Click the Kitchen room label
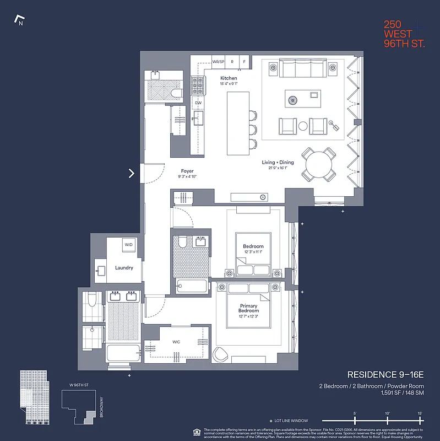[229, 78]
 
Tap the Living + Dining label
[278, 163]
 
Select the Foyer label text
[187, 171]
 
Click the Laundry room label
[124, 268]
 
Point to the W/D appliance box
[128, 245]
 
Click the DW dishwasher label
[198, 103]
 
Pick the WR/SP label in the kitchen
[218, 62]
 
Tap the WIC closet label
[176, 342]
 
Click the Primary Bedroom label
[249, 308]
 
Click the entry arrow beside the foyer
[132, 173]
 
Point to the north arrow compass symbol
[19, 21]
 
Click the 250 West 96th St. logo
[404, 34]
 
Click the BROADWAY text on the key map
[101, 407]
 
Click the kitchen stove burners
[198, 84]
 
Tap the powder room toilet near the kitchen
[176, 93]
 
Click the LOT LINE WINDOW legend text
[292, 421]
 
